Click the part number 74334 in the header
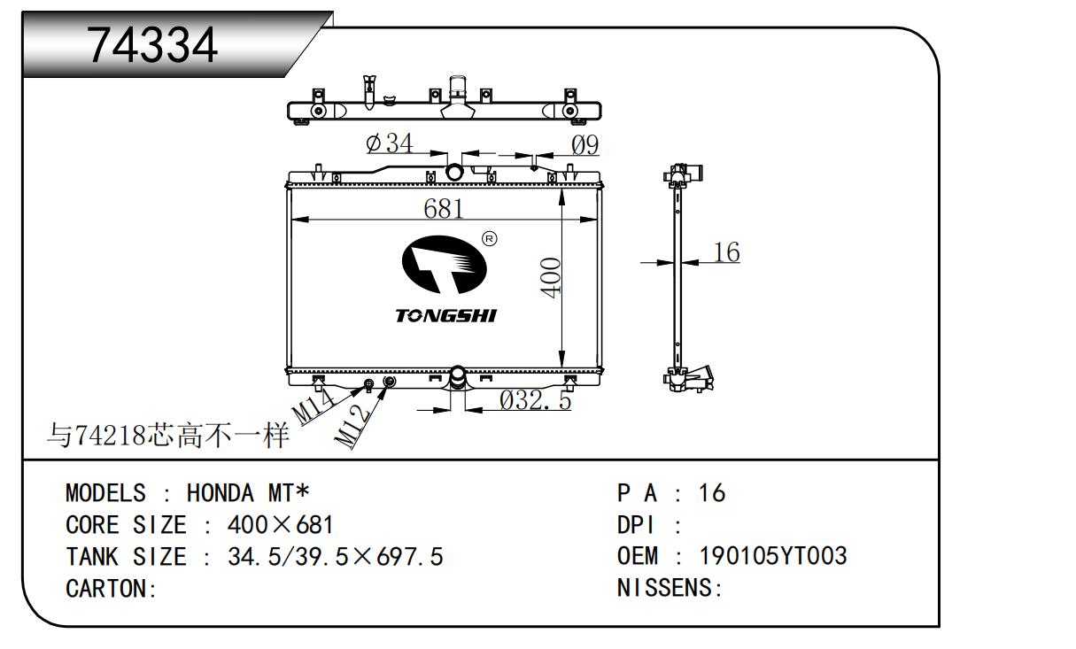152,44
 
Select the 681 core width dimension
444,209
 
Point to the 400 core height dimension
551,277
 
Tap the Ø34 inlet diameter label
390,143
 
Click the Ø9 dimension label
584,144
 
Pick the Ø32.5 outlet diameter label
535,400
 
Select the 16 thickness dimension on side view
726,252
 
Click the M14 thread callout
314,407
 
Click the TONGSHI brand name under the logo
445,316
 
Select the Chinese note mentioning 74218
168,435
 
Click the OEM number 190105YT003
773,556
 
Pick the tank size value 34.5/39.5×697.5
335,557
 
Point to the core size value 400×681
280,525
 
